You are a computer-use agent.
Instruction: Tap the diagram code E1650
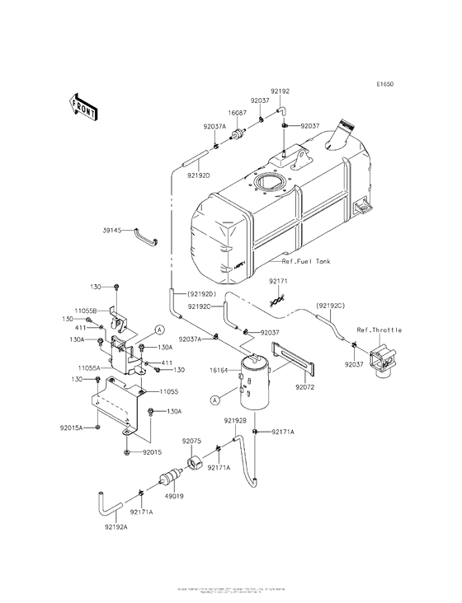[387, 84]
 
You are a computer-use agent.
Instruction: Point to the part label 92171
[279, 282]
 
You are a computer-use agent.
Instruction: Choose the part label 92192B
[235, 420]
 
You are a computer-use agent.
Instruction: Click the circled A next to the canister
[214, 400]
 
